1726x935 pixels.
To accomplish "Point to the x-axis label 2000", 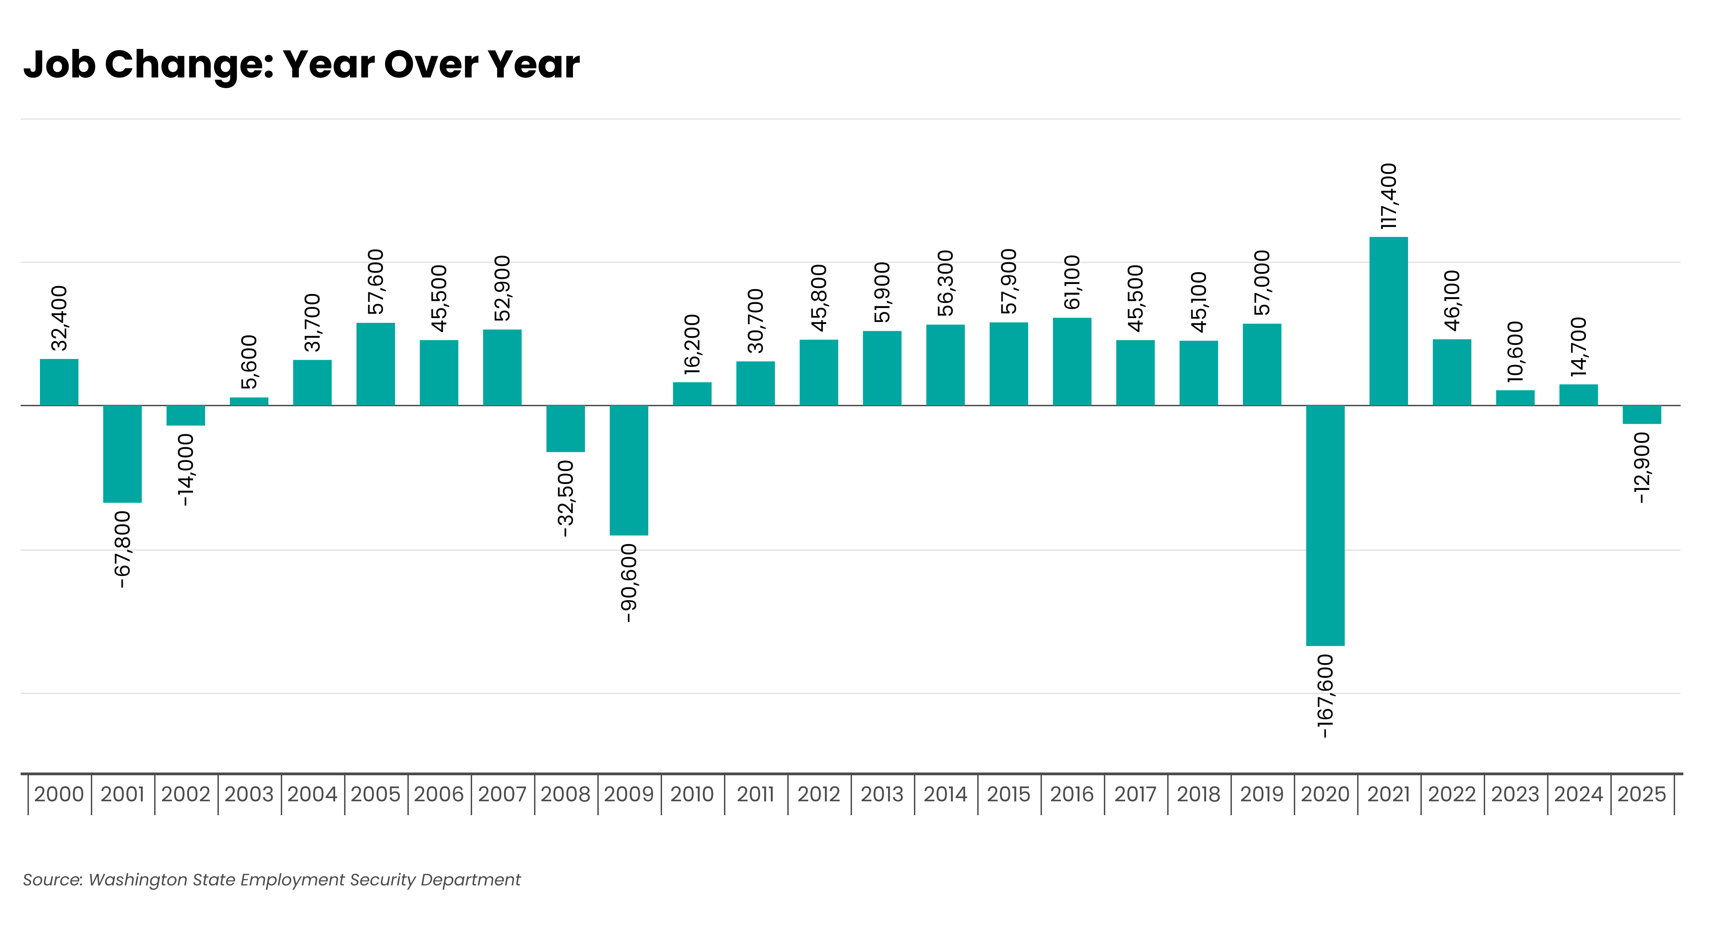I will click(59, 794).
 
